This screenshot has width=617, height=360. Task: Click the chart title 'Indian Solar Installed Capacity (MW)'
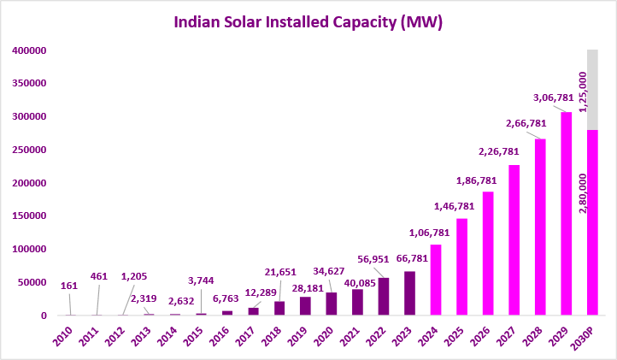308,22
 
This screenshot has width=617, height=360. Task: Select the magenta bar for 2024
436,280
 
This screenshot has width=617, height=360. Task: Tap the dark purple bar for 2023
409,293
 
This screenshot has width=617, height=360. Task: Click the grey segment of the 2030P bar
592,90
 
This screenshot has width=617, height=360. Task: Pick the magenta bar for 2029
567,214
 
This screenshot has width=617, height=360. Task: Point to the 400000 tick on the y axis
29,50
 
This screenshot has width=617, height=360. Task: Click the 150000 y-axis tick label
29,215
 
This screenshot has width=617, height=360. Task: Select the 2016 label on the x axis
220,337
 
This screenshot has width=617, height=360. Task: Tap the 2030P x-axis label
583,339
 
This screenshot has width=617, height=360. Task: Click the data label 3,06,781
553,97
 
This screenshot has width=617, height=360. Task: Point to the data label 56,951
373,259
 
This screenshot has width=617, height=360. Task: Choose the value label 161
69,286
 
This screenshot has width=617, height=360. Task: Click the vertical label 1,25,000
583,91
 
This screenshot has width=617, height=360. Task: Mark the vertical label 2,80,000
583,193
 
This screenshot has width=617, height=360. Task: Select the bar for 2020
332,304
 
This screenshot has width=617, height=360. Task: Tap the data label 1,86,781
477,180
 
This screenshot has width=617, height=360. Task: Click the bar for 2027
514,240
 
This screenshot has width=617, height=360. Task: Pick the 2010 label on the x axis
63,337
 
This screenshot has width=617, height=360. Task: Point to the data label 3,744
201,280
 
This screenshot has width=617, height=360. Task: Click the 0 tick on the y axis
44,316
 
